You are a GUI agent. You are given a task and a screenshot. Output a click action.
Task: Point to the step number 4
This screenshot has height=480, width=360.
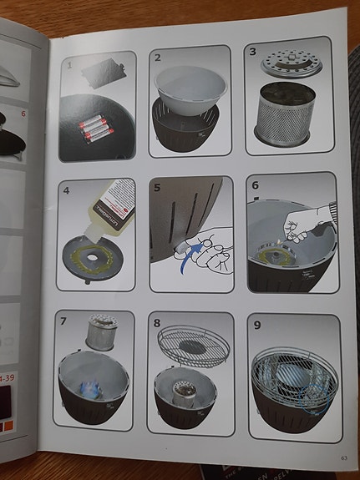point(67,189)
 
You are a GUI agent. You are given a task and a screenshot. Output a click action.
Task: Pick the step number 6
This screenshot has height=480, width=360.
point(256,184)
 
